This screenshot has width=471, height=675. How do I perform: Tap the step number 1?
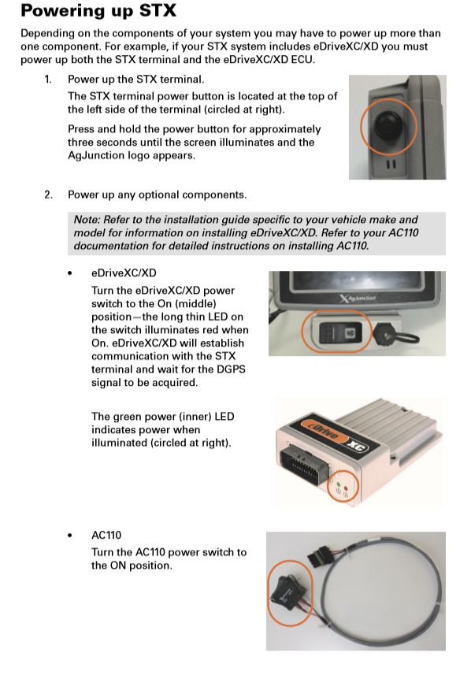[x=48, y=80]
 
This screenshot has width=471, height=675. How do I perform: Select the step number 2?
[x=48, y=195]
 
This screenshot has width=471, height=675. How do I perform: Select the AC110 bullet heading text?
[x=106, y=535]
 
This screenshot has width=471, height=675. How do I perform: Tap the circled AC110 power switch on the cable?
[x=289, y=592]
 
